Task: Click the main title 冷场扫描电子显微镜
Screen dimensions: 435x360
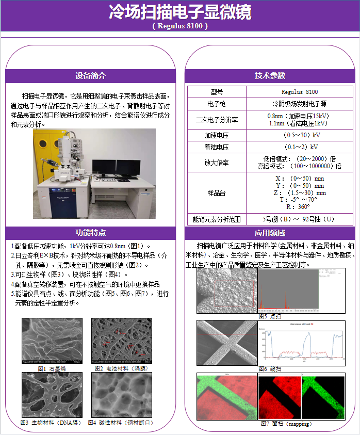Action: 180,12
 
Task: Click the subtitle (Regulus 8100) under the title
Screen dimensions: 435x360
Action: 180,25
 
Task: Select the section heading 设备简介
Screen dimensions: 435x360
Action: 90,75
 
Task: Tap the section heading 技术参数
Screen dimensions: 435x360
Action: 269,75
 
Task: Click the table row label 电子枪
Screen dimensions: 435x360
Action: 217,104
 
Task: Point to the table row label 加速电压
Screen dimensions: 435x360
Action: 217,135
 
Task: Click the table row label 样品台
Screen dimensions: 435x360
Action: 217,192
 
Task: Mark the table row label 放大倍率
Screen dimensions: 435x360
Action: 217,163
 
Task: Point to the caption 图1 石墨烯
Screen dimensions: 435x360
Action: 52,368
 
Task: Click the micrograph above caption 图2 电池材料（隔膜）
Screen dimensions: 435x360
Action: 122,341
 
